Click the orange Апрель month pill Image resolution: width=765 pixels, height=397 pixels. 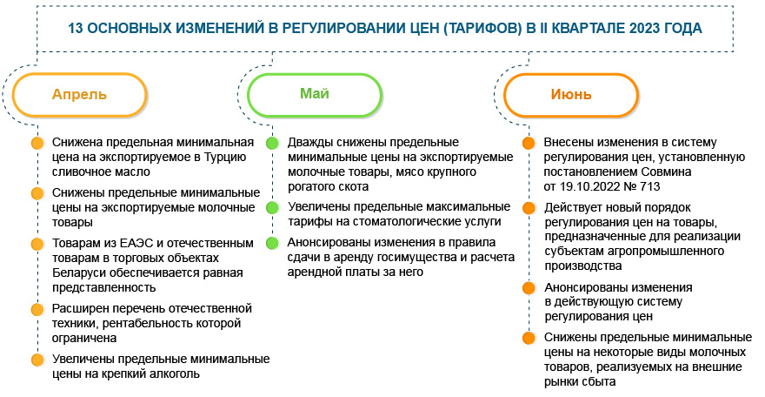pyautogui.click(x=79, y=95)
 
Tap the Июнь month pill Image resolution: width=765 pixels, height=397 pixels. pyautogui.click(x=571, y=95)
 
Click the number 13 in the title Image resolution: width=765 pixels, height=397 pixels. pyautogui.click(x=77, y=28)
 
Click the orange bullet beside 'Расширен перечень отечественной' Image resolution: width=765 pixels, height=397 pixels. pyautogui.click(x=37, y=309)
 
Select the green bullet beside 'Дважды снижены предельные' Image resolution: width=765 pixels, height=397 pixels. pyautogui.click(x=272, y=143)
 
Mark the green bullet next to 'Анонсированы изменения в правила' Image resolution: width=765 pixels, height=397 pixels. pyautogui.click(x=272, y=243)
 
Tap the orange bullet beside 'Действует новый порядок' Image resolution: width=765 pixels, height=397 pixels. pyautogui.click(x=528, y=209)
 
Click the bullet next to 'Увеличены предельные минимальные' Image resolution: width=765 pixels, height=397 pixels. pyautogui.click(x=37, y=359)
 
